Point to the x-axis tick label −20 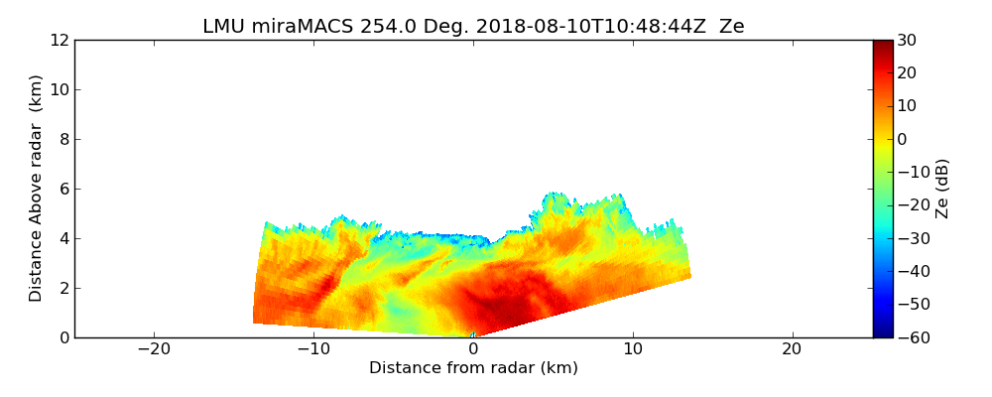154,349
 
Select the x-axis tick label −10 313,349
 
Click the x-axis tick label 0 473,349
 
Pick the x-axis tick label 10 633,349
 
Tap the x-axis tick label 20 792,349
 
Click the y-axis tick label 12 59,40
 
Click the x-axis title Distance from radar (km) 473,368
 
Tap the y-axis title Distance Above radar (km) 37,189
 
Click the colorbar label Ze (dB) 942,189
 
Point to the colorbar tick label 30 906,40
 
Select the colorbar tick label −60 910,337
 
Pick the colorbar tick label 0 902,139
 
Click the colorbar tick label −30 910,238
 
